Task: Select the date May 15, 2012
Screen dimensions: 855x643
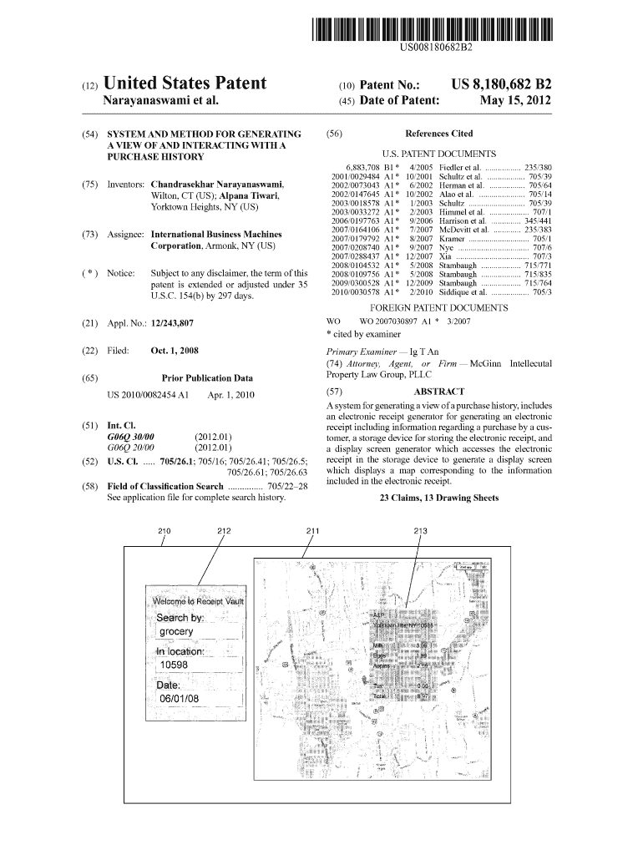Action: (515, 102)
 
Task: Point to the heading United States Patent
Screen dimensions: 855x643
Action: (184, 83)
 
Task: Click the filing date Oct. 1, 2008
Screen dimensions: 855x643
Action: (175, 351)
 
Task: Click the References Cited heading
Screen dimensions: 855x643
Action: (438, 134)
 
